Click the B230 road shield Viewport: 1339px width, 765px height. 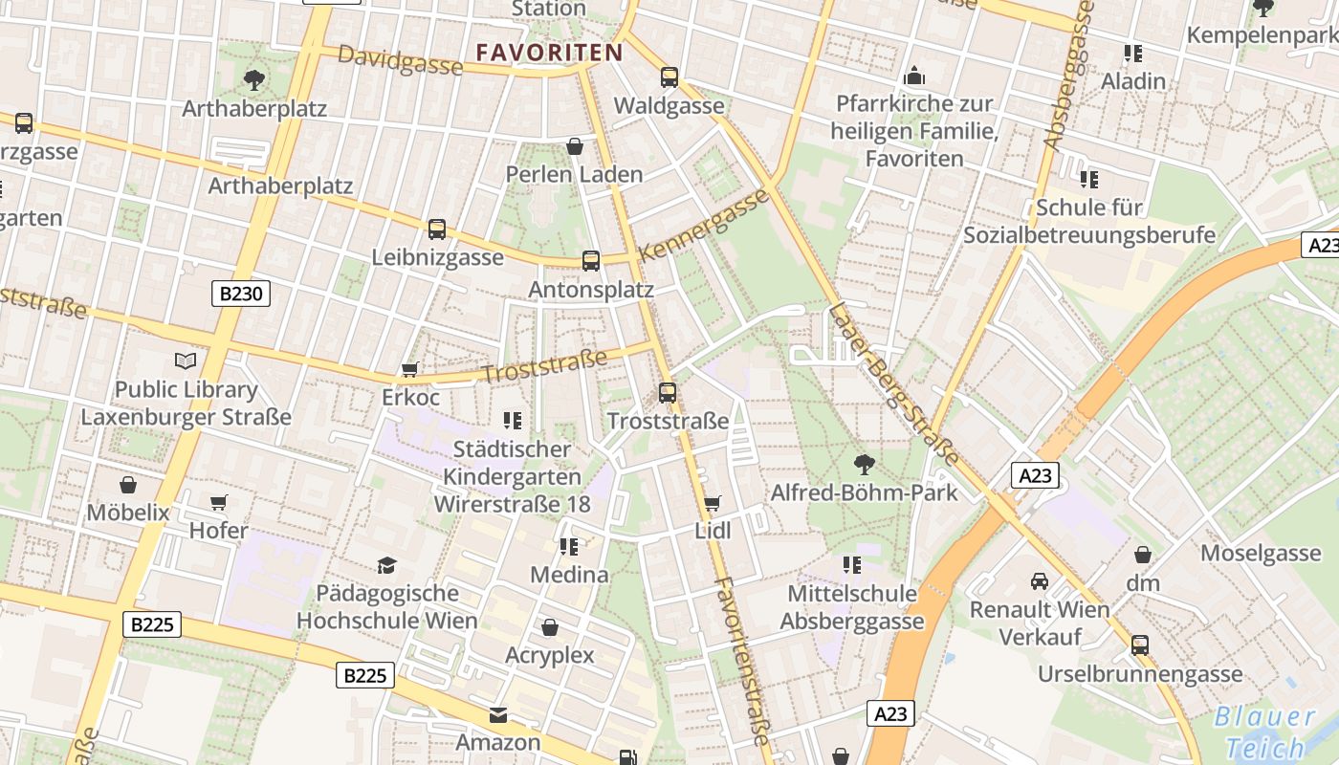tap(241, 293)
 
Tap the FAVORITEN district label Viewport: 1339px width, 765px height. tap(549, 53)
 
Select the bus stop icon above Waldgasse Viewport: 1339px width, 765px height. tap(669, 77)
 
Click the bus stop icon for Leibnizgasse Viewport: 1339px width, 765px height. tap(437, 229)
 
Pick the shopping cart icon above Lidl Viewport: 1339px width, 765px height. tap(712, 503)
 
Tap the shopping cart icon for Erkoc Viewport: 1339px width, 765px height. tap(410, 369)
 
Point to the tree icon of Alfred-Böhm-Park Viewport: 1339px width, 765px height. tap(864, 465)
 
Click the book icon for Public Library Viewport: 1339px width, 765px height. tap(186, 361)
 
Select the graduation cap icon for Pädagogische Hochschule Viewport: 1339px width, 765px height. tap(386, 565)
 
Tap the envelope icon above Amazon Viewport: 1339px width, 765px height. tap(498, 714)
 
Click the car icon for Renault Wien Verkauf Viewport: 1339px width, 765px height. tap(1040, 580)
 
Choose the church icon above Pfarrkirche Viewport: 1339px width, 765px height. tap(914, 75)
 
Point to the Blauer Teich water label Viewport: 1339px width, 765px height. tap(1265, 732)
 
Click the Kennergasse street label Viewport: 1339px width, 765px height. tap(704, 226)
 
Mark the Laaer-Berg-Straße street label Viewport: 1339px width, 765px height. tap(893, 382)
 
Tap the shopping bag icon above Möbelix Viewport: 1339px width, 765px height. tap(128, 485)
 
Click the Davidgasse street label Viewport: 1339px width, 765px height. tap(401, 61)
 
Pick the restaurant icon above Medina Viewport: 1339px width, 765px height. tap(569, 546)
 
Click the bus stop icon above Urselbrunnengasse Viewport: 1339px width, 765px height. tap(1139, 645)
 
